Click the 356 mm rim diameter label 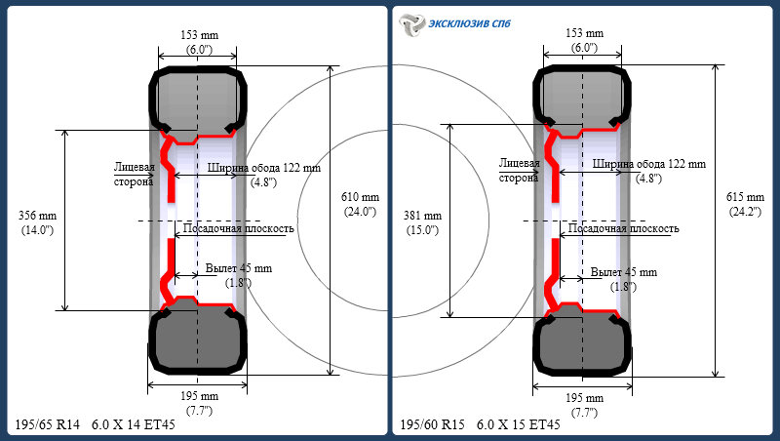37,216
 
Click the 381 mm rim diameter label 422,216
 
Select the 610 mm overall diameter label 360,197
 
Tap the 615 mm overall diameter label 745,197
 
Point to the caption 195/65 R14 47,424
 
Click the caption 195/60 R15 432,424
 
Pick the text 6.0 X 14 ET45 134,424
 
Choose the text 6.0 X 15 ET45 519,424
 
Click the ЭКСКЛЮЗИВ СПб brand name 469,23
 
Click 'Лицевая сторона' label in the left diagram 134,175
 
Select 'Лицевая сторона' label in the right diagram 520,171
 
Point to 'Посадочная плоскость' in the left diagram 239,228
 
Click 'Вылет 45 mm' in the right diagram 624,272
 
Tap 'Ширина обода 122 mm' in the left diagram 264,168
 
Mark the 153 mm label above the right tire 584,33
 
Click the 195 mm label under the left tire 199,396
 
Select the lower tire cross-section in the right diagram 582,344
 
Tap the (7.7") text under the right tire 584,413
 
